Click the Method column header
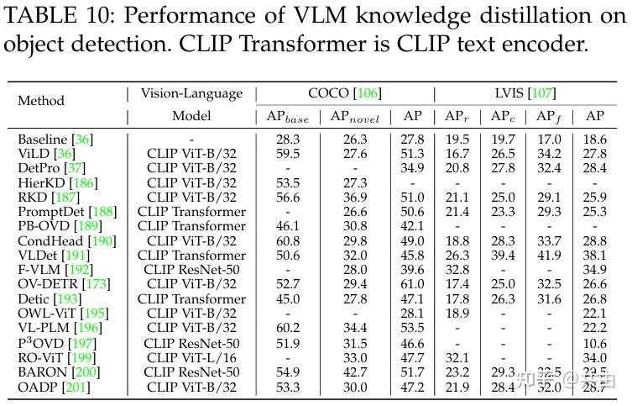click(x=41, y=100)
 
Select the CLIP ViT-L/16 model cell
click(x=191, y=357)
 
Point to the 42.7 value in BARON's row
click(x=355, y=372)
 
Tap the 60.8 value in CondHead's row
click(x=287, y=240)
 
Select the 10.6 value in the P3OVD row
click(x=595, y=343)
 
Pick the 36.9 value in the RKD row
click(x=355, y=197)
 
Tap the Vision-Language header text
click(x=191, y=93)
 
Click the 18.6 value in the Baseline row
click(x=595, y=139)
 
